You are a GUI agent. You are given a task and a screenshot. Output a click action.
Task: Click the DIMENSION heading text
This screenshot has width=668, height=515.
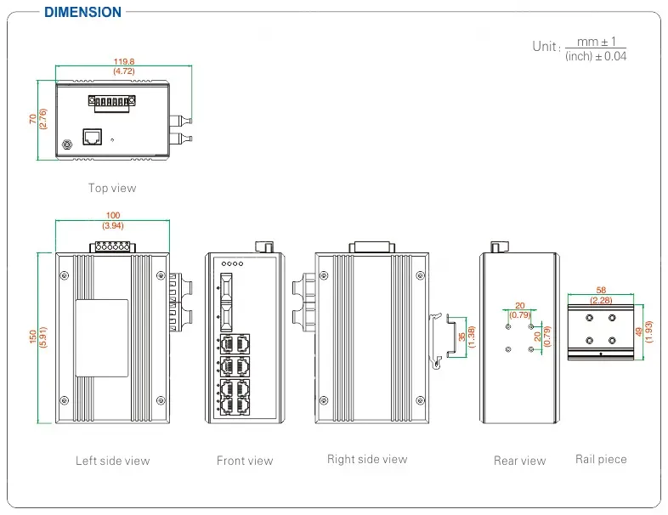(82, 12)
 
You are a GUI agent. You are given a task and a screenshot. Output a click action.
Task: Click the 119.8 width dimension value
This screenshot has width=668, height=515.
(125, 61)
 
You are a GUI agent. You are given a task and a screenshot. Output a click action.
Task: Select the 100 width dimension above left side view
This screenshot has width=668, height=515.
(112, 216)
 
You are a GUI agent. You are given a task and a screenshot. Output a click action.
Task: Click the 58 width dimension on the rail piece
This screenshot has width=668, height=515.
(601, 291)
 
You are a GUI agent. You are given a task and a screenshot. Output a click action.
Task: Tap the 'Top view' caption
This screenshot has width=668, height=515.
(112, 188)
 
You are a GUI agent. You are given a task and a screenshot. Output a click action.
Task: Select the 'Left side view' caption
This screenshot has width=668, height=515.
(112, 461)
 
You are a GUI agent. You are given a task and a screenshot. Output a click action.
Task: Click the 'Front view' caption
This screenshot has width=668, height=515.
(245, 461)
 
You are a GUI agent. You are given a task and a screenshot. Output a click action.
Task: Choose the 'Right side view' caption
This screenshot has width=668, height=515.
(367, 459)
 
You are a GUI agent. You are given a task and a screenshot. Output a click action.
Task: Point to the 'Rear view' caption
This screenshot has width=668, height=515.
(519, 461)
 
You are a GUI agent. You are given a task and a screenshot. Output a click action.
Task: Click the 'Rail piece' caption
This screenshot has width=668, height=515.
(601, 459)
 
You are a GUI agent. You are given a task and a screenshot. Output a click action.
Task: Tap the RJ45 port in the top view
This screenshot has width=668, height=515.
(92, 136)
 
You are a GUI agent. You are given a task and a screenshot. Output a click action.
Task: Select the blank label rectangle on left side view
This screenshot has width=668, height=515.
(102, 338)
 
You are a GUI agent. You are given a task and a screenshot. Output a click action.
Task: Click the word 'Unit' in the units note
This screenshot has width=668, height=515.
(545, 46)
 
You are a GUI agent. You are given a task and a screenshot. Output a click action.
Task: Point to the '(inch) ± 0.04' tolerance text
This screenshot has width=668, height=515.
(596, 56)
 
